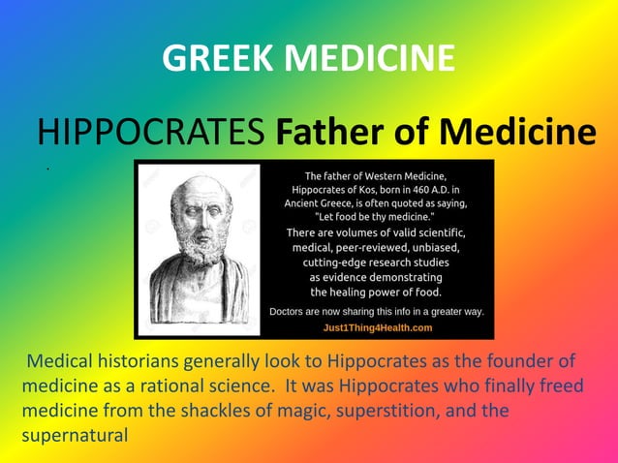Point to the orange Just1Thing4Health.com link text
click(377, 327)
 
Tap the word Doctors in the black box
click(292, 312)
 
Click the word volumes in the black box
click(356, 232)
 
